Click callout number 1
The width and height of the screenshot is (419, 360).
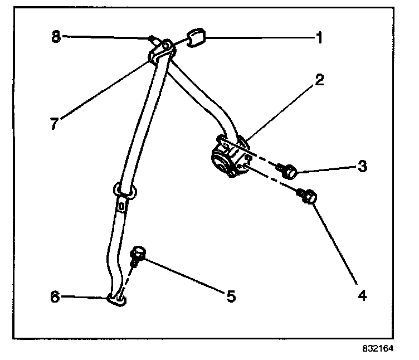tap(319, 38)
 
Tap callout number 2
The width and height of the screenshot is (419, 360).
tap(318, 79)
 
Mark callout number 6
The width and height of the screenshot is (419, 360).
tap(55, 296)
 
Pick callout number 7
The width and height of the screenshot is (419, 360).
tap(54, 124)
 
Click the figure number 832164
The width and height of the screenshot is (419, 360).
tap(378, 349)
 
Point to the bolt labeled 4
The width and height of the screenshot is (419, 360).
tap(309, 196)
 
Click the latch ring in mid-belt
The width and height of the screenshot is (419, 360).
tap(125, 190)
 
